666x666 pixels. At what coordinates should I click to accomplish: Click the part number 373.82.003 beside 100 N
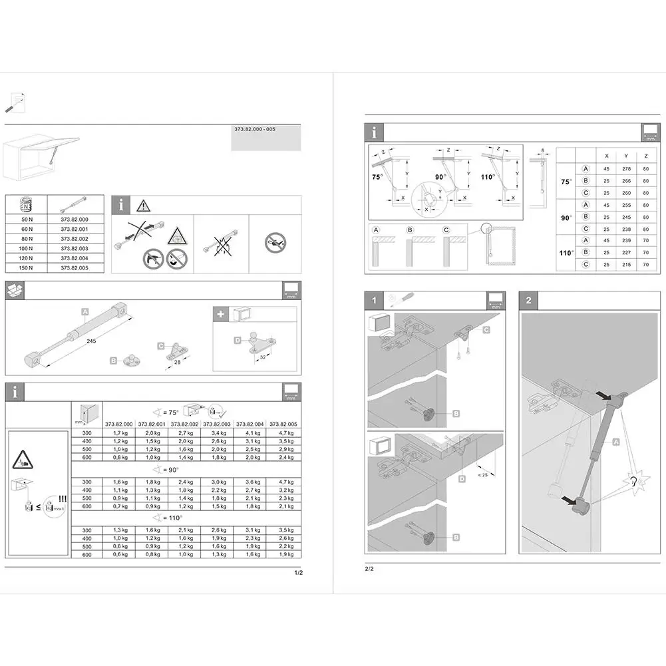point(74,248)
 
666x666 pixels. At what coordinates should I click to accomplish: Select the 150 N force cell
point(26,268)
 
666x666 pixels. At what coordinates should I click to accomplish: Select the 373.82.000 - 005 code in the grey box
point(255,130)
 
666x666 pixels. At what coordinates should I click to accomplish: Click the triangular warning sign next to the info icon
point(142,206)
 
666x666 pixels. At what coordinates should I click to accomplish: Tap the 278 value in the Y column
point(626,169)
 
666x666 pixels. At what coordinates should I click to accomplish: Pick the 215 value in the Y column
point(626,265)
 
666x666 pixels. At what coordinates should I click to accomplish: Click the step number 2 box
point(529,301)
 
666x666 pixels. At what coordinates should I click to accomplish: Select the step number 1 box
point(375,301)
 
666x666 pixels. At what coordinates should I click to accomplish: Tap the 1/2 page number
point(298,573)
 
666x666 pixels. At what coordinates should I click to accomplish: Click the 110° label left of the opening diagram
point(488,177)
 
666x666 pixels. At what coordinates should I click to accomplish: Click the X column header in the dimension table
point(606,155)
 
